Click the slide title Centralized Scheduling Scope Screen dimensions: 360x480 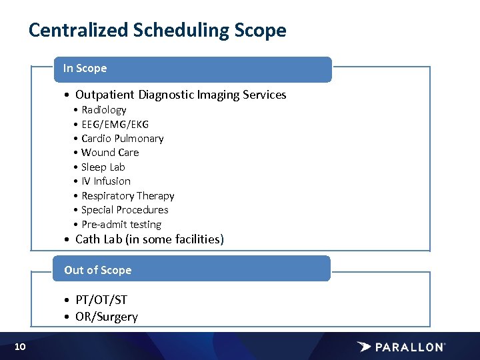tap(157, 31)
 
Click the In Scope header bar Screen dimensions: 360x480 tap(192, 69)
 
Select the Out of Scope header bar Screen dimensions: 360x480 tap(192, 269)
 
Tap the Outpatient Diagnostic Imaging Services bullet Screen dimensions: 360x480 tap(180, 95)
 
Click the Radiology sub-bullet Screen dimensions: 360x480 tap(103, 110)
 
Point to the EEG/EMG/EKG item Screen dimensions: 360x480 tap(115, 124)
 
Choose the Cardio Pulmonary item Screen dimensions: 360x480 tap(122, 139)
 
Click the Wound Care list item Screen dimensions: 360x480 tap(110, 153)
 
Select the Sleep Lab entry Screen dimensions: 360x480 tap(103, 167)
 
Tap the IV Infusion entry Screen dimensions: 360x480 tap(105, 181)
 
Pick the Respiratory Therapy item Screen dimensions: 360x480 tap(127, 196)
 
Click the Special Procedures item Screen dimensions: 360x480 tap(125, 210)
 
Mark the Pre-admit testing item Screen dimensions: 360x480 tap(121, 225)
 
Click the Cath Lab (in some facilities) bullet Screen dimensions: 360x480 tap(149, 239)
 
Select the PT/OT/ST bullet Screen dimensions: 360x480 tap(101, 300)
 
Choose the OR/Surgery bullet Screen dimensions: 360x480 tap(106, 317)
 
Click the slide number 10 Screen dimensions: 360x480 tap(20, 346)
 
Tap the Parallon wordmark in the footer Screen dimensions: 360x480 tap(409, 347)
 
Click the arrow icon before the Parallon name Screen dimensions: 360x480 tap(364, 347)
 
